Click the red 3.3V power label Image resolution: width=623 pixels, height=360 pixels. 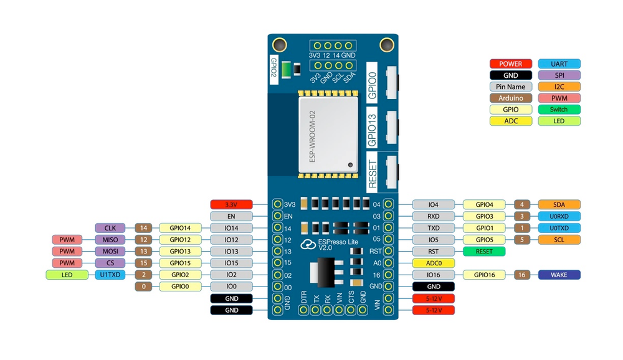pos(231,204)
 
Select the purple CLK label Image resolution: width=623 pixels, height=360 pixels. pos(110,228)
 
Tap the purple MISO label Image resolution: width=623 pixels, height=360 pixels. pos(110,240)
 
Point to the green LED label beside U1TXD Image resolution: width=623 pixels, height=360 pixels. pos(67,275)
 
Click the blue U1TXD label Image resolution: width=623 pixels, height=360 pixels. pos(110,275)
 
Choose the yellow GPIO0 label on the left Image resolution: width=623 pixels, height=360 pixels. pos(181,287)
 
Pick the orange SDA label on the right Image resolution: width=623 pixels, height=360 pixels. pos(559,204)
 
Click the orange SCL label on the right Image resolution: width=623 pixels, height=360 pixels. pos(559,240)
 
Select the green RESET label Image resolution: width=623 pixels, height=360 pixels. pos(485,251)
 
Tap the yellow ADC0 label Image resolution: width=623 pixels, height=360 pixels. pos(434,263)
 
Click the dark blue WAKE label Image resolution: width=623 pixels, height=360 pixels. pos(559,275)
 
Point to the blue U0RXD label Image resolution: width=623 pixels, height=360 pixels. pos(559,216)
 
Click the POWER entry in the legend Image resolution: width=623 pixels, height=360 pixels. pos(511,64)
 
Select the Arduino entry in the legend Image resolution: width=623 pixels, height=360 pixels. pos(511,98)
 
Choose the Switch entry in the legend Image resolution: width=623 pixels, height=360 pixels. pos(559,110)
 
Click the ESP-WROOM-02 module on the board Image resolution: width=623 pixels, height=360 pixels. pos(328,135)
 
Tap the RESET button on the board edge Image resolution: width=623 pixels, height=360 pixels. pos(392,171)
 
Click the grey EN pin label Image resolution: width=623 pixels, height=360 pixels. pos(231,216)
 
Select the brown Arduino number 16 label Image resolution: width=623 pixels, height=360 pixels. pos(522,275)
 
